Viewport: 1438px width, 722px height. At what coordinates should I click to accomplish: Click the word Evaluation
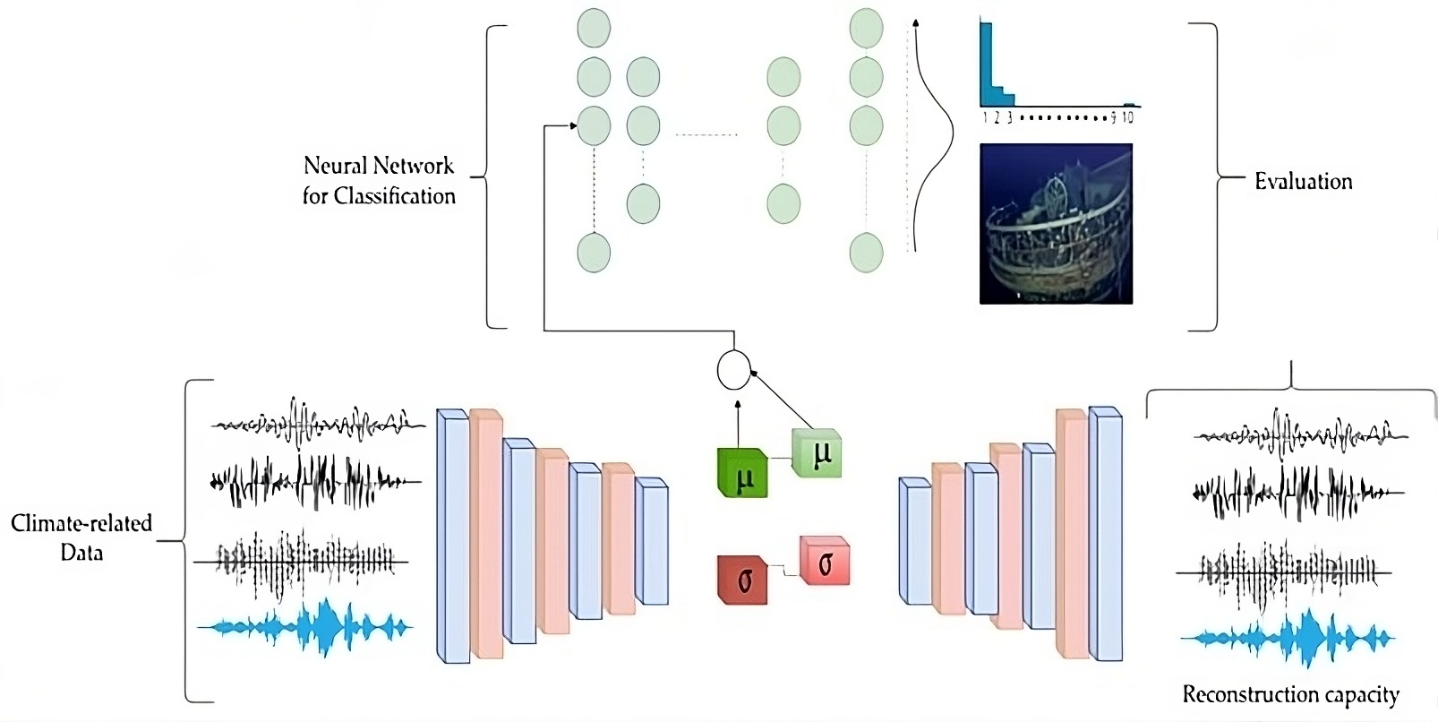(x=1303, y=182)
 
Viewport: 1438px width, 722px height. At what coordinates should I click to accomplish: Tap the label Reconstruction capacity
(x=1291, y=695)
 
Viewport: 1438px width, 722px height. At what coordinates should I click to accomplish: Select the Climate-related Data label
(x=81, y=537)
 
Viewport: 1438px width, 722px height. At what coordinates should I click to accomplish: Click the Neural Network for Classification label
(x=379, y=181)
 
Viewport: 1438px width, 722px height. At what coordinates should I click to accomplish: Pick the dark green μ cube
(x=742, y=473)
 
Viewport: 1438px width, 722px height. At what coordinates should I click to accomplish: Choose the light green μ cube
(x=817, y=453)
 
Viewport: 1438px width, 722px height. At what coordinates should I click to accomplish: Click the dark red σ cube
(x=742, y=580)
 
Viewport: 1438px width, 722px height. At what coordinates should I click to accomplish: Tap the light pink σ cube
(x=825, y=561)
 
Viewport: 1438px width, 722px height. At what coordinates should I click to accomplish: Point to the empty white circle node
(x=733, y=370)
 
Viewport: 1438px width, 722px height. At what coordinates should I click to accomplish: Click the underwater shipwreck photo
(x=1056, y=224)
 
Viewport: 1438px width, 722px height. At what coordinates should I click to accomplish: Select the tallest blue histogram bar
(x=986, y=64)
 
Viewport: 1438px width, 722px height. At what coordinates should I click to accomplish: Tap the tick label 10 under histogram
(x=1127, y=117)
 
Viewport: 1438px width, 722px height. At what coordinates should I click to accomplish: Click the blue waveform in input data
(x=304, y=628)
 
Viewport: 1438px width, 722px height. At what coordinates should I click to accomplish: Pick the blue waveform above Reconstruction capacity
(x=1288, y=639)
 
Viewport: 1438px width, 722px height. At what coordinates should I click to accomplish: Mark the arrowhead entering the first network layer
(x=573, y=126)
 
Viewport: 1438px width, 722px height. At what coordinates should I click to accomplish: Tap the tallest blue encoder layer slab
(x=453, y=537)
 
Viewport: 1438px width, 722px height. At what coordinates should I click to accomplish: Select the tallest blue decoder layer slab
(x=1106, y=534)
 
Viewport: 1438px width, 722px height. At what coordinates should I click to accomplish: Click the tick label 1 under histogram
(x=985, y=117)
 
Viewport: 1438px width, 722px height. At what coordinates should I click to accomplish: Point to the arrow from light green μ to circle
(x=782, y=400)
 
